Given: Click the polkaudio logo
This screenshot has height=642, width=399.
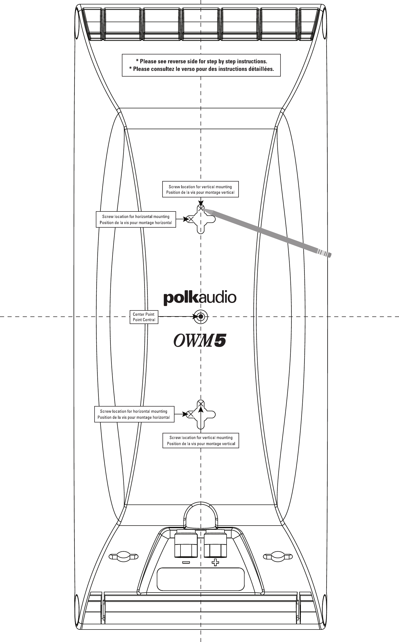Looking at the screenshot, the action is pos(200,298).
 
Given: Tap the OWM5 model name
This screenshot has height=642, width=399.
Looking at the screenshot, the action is pos(200,340).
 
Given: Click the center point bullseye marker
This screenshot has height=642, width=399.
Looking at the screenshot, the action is pos(201,316).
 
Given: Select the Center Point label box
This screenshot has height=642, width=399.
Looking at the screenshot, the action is pos(144,317).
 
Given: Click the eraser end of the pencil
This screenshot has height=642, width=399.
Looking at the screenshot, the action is pos(327,254).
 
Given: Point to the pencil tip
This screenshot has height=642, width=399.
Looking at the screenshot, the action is pos(203,209).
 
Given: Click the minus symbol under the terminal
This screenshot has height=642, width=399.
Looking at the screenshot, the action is pos(186,562).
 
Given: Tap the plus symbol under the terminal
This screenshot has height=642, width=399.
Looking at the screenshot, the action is pos(215,562).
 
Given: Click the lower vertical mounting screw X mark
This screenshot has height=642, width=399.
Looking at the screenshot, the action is pos(201,403).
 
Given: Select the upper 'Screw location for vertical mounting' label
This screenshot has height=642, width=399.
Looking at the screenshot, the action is pos(200,189).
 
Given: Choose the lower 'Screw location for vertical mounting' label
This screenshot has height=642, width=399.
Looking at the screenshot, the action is pos(201,440).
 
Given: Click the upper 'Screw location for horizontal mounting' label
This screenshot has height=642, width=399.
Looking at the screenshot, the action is pos(136,220).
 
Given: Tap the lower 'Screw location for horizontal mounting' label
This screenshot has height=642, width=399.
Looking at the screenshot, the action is pos(134,414).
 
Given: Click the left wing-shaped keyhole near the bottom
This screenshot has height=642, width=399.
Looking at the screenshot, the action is pos(123,557).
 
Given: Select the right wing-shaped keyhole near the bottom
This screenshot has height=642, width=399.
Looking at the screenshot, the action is pos(278,557).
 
